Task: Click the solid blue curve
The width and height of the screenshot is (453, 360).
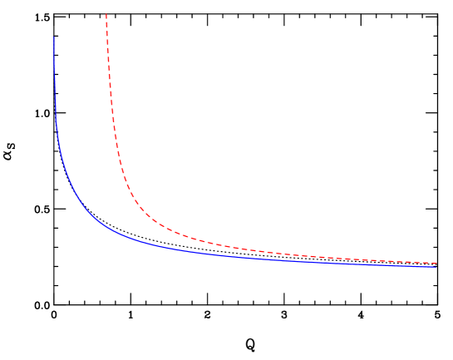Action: [166, 247]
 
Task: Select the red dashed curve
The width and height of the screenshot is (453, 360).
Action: [208, 242]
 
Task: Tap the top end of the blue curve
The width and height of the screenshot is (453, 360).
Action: [54, 37]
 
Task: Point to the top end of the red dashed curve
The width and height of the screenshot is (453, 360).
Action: [106, 14]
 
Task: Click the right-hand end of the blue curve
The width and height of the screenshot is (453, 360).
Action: [436, 266]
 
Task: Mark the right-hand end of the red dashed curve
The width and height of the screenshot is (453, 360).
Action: [437, 263]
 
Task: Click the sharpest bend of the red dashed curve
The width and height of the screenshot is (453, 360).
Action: [137, 208]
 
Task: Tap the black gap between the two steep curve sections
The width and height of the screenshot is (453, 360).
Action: [83, 108]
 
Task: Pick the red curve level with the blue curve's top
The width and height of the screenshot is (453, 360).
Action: [107, 37]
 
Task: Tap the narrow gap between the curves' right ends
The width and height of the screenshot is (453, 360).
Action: [434, 264]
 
